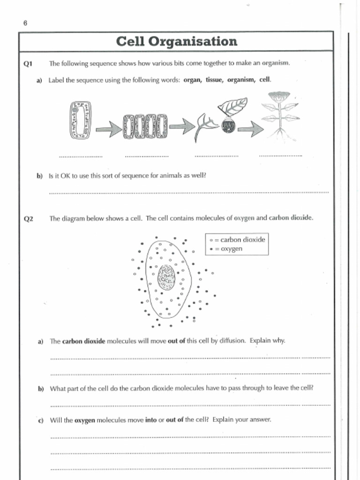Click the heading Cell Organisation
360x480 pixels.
[x=176, y=42]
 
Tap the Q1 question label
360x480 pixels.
[x=27, y=63]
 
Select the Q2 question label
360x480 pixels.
[x=28, y=218]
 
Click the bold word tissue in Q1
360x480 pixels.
[x=214, y=80]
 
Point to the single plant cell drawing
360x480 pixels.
[x=80, y=121]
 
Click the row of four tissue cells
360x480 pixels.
[x=144, y=127]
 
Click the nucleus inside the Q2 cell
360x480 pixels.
[x=166, y=277]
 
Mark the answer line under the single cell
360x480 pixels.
[x=80, y=156]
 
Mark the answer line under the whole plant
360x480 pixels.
[x=280, y=156]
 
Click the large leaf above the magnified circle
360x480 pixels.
[x=233, y=106]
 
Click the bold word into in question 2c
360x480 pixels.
[x=151, y=420]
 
